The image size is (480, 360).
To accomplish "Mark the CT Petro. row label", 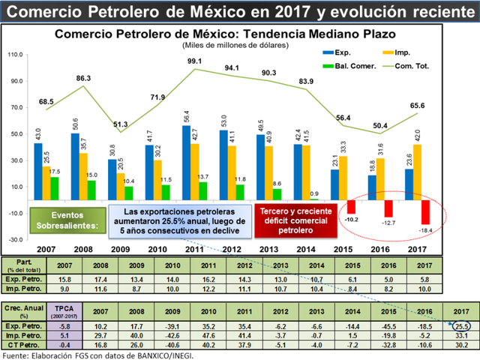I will [25, 345].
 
